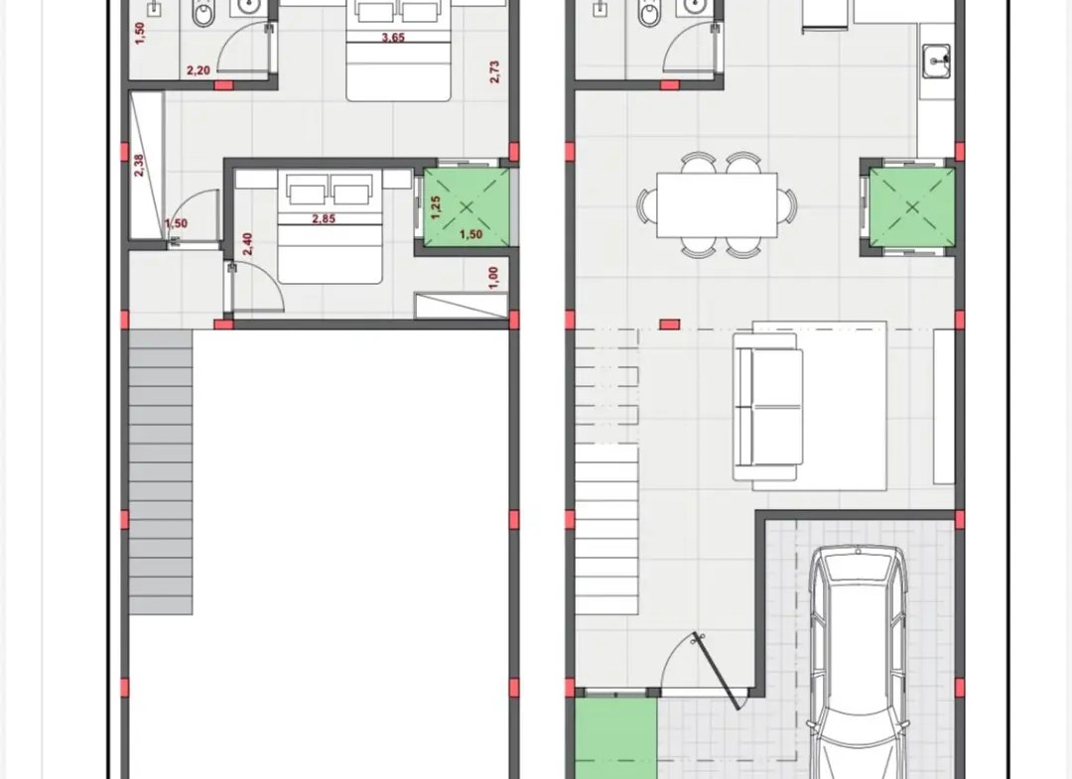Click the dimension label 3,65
[x=393, y=38]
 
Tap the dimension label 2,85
[x=324, y=219]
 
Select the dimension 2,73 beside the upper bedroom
[x=495, y=72]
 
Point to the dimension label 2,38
[x=139, y=166]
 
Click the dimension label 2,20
[x=199, y=70]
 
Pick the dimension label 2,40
[x=247, y=244]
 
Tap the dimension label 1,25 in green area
[x=436, y=207]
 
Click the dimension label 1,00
[x=494, y=278]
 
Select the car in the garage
[x=859, y=662]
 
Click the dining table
[x=717, y=205]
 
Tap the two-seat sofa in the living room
[x=767, y=407]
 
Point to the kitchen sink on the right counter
[x=937, y=62]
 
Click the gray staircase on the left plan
[x=161, y=471]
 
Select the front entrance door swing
[x=698, y=666]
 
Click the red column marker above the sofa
[x=669, y=325]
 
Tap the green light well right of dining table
[x=912, y=207]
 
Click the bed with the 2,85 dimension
[x=329, y=227]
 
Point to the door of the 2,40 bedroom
[x=256, y=287]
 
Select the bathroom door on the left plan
[x=246, y=47]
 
